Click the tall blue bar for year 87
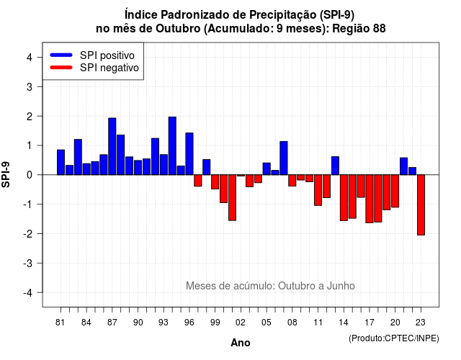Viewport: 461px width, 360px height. tap(112, 146)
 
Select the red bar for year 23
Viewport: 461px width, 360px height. tap(421, 204)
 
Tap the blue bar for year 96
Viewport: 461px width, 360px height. tap(189, 153)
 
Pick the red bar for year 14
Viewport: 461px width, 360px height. tap(344, 197)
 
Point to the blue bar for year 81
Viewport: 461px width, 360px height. tap(61, 162)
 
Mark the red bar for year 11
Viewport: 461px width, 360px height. tap(318, 190)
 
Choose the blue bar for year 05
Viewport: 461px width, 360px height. tap(267, 168)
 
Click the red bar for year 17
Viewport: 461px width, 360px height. tap(370, 199)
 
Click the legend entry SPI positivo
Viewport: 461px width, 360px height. tap(107, 55)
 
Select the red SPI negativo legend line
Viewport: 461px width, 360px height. tap(61, 68)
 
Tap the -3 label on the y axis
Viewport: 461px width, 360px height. tap(28, 264)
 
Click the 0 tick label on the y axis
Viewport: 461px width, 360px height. tap(29, 175)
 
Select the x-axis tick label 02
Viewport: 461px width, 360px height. tap(241, 323)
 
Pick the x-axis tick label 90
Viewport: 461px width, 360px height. tap(138, 323)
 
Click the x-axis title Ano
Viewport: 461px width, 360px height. tap(241, 343)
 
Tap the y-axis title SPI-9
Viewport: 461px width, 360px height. tap(6, 174)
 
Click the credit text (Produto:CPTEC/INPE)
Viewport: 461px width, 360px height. tap(394, 338)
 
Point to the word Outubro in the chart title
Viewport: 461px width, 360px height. tap(178, 29)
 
